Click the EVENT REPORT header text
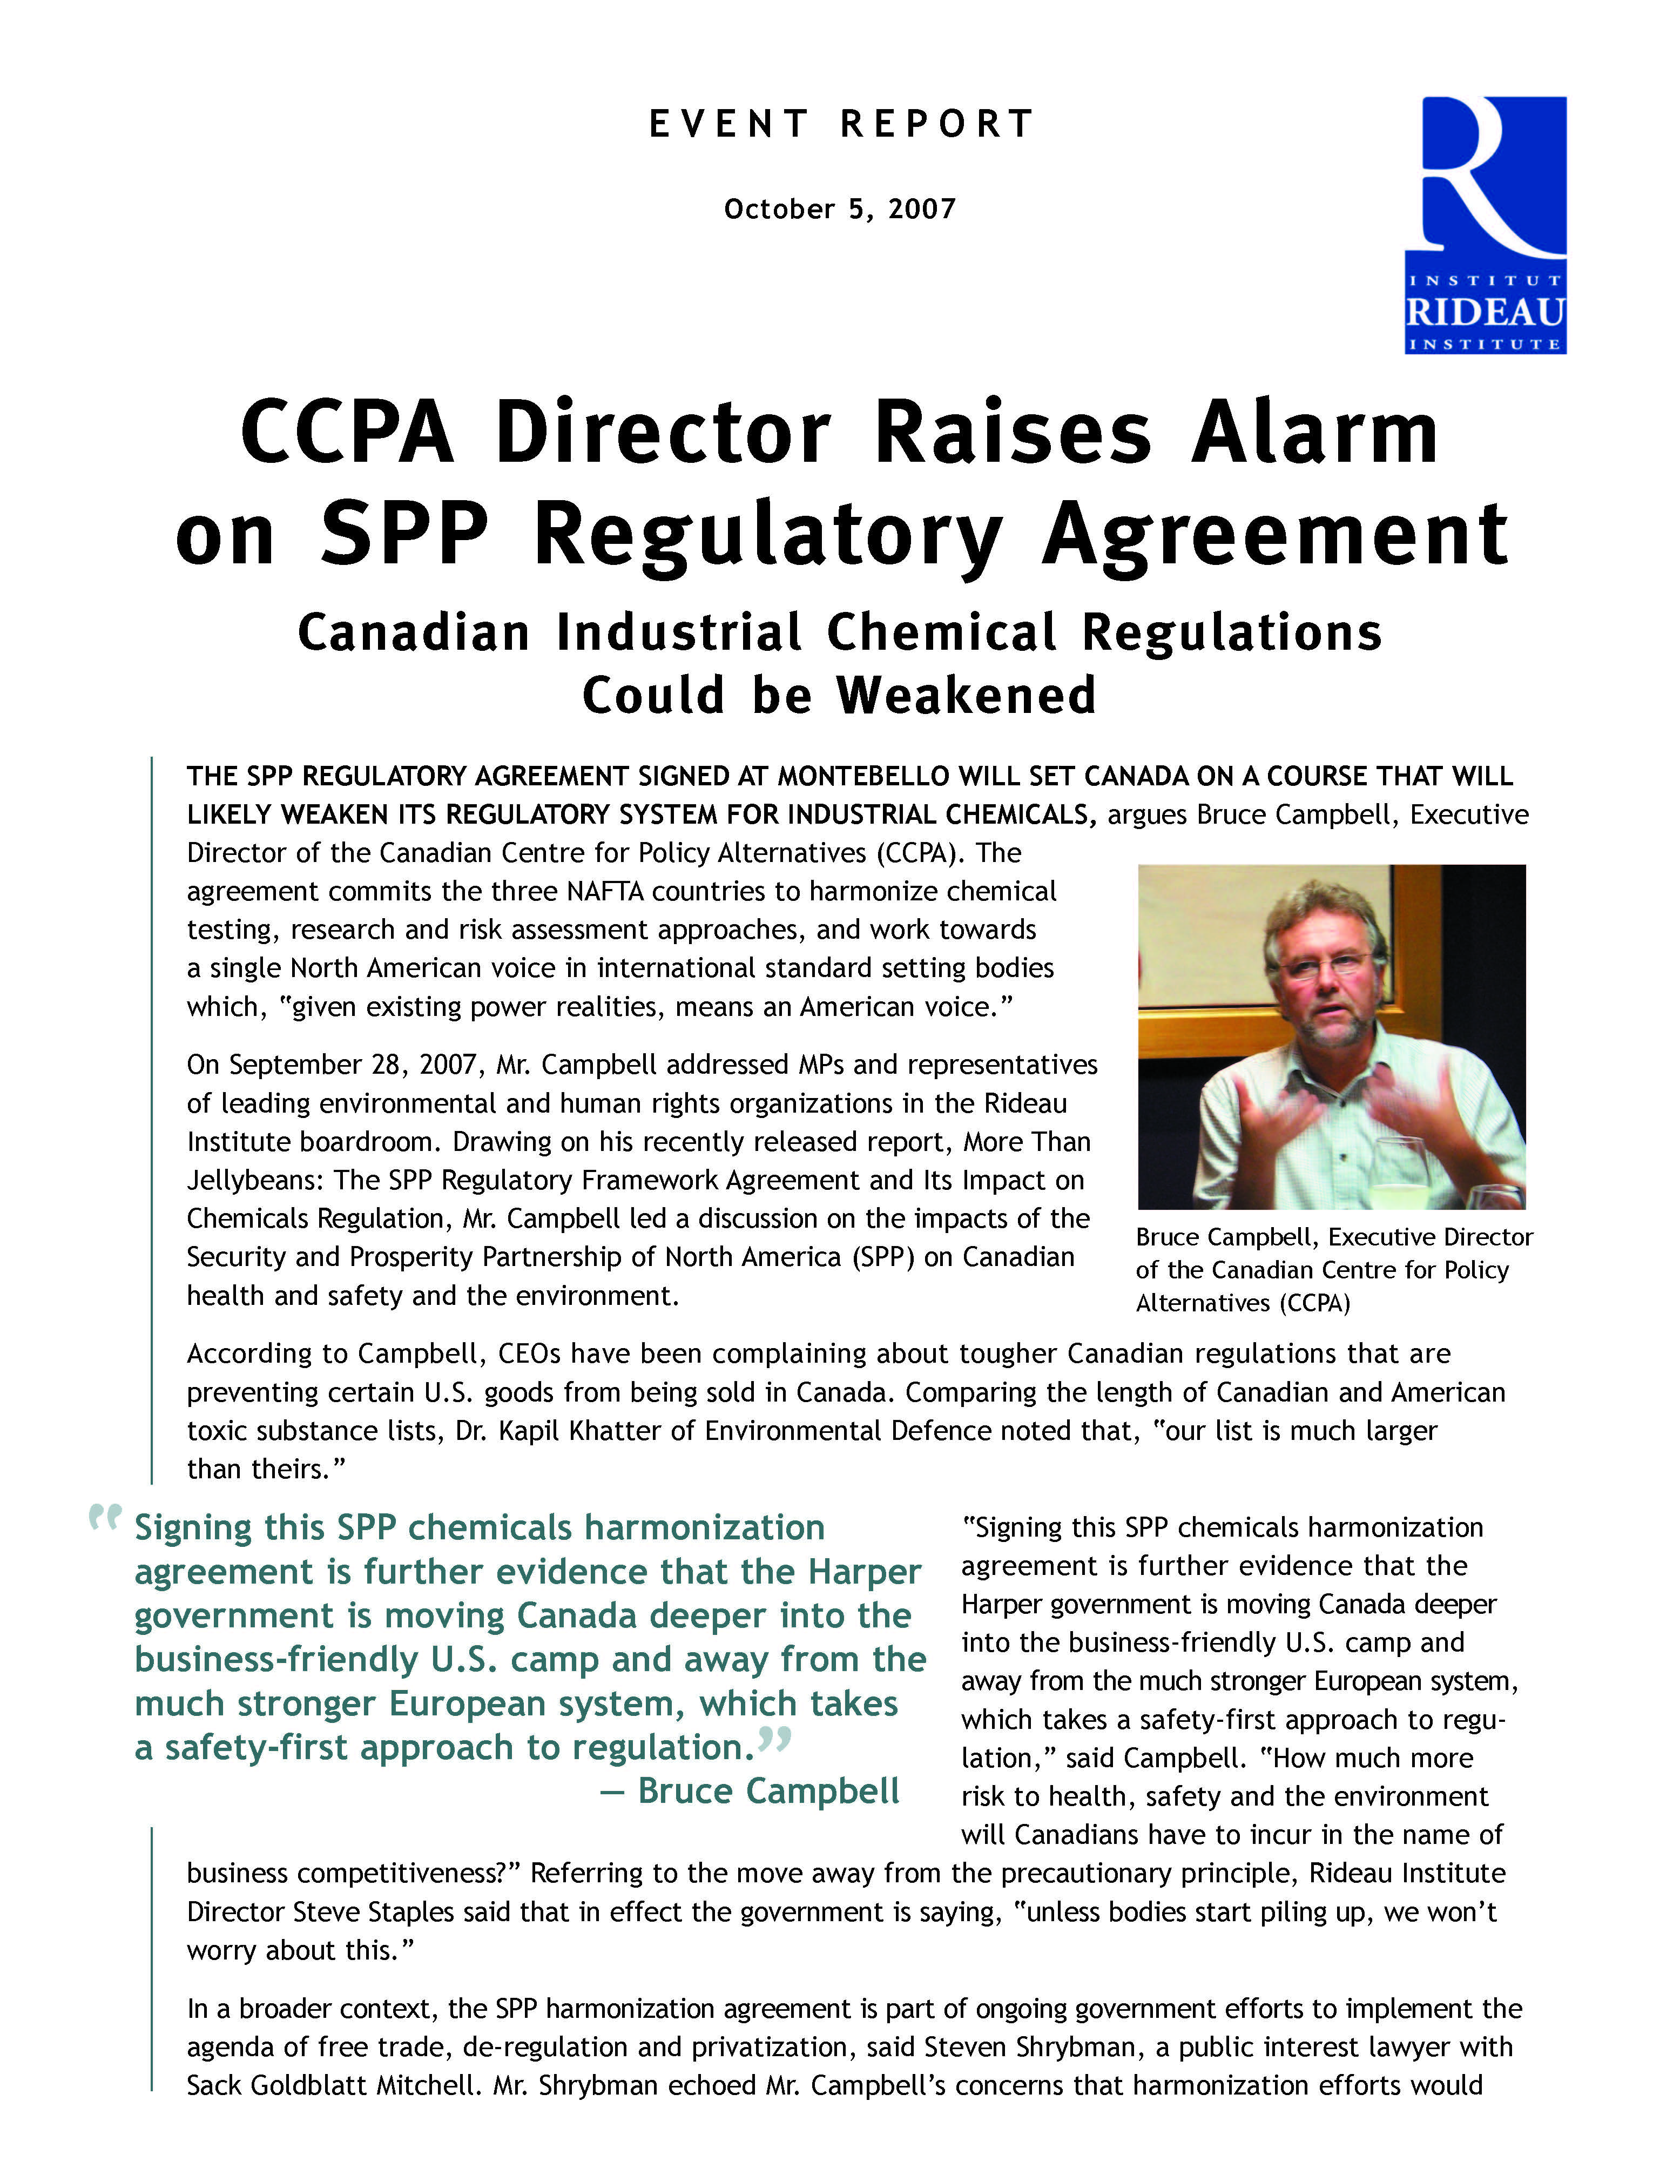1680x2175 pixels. click(841, 124)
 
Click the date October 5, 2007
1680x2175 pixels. click(840, 209)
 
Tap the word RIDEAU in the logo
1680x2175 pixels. click(1485, 312)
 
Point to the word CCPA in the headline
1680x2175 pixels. click(347, 433)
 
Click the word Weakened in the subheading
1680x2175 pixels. click(966, 695)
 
